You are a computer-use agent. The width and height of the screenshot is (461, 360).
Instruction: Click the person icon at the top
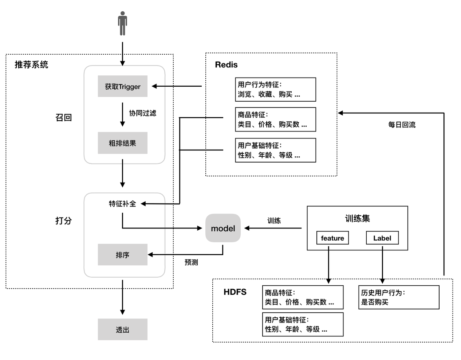(122, 24)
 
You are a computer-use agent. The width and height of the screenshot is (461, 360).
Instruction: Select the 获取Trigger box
(122, 86)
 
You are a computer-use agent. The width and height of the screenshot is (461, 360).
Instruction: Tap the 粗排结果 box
(122, 143)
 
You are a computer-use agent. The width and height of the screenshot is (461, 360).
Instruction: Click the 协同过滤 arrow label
(142, 113)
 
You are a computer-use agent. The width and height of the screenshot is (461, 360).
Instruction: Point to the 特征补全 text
(122, 204)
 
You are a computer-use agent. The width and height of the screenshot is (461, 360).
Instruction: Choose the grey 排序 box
(122, 255)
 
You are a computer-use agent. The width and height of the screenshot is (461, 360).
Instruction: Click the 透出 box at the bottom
(122, 329)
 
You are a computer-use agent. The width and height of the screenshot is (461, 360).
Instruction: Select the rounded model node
(223, 228)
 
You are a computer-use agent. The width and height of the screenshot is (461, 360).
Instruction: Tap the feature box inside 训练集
(332, 238)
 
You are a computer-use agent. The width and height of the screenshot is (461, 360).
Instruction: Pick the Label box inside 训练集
(382, 238)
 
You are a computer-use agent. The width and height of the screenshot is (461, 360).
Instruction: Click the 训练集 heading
(357, 218)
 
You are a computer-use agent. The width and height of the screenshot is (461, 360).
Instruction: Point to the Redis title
(226, 65)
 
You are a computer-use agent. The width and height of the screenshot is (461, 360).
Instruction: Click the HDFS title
(235, 292)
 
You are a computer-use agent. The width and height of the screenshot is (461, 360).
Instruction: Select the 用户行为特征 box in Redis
(275, 89)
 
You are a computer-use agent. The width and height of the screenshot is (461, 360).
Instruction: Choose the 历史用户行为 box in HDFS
(399, 297)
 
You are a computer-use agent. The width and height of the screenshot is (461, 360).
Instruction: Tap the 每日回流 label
(402, 125)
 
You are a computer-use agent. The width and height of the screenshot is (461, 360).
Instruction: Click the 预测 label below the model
(191, 262)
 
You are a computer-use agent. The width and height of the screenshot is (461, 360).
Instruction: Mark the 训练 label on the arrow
(274, 220)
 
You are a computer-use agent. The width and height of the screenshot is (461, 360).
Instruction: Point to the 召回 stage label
(63, 117)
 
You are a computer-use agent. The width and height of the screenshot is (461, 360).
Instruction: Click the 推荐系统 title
(31, 65)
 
